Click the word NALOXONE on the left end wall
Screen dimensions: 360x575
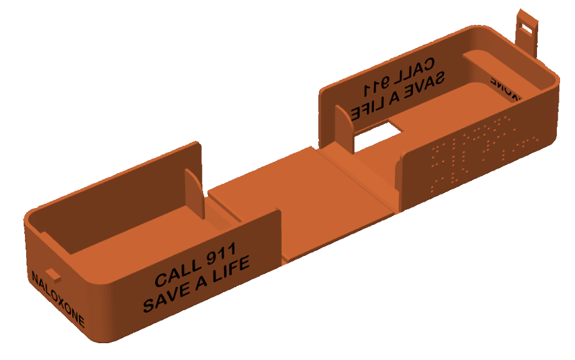pos(57,298)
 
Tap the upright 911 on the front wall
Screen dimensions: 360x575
pos(217,255)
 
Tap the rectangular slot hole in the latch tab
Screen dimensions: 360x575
pos(530,25)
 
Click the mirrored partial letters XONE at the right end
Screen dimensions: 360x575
pos(505,89)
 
